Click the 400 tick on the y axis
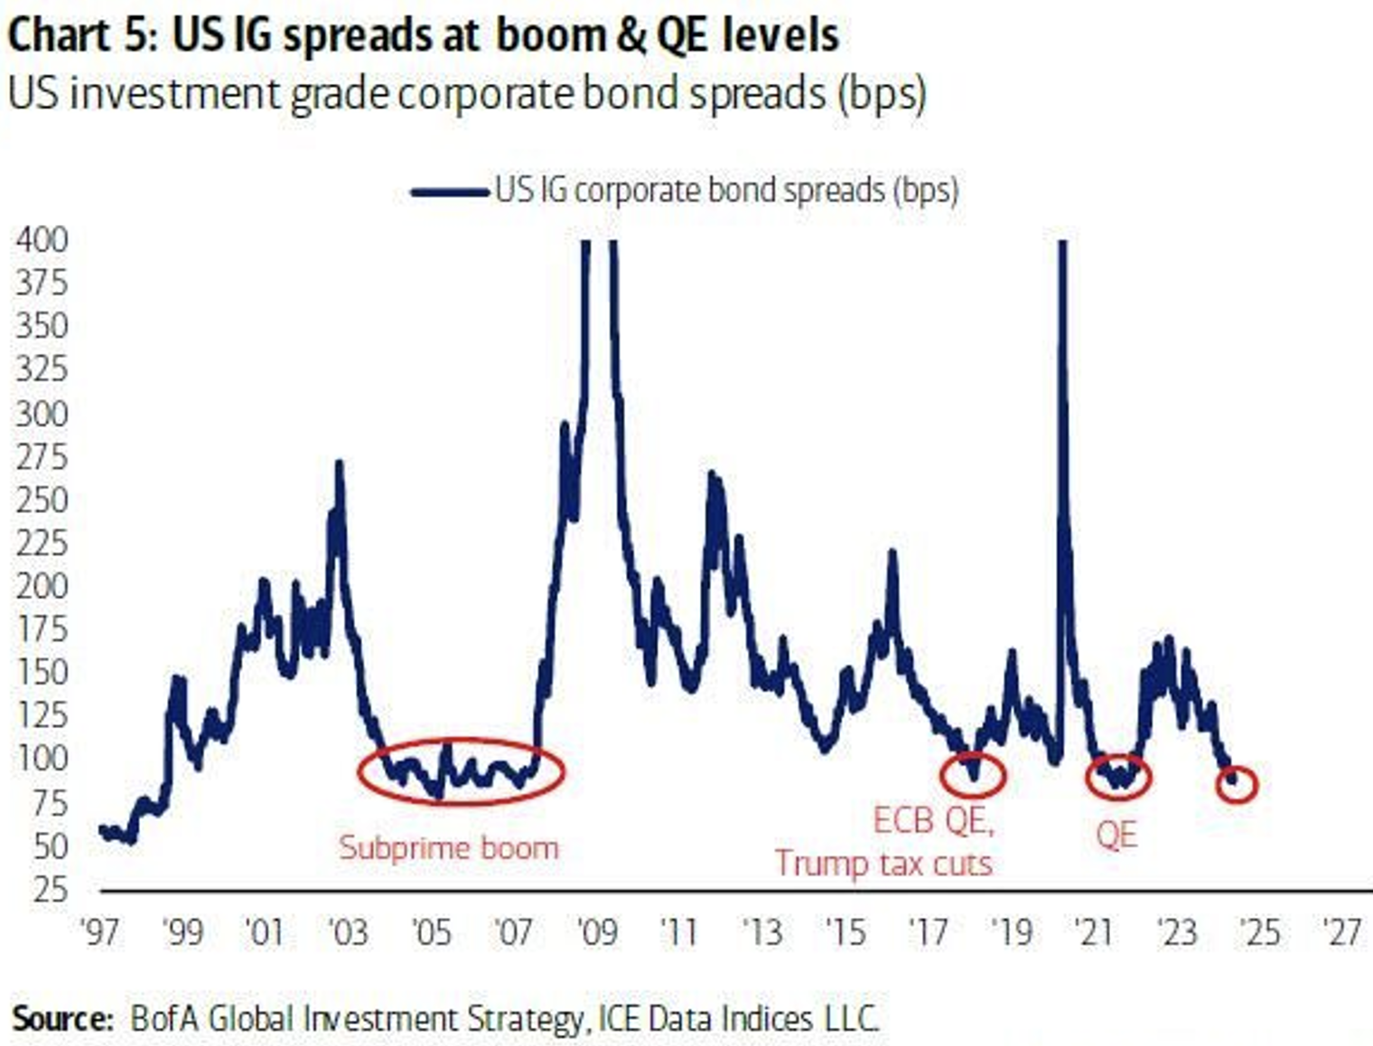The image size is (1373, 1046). tap(42, 239)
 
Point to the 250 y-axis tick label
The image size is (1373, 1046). tap(42, 500)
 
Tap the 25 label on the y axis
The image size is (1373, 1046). tap(50, 890)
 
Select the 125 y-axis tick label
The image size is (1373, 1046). tap(42, 715)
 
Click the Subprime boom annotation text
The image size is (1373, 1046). tap(449, 847)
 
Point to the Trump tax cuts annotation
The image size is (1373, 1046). tap(883, 864)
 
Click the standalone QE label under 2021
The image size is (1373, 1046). tap(1116, 836)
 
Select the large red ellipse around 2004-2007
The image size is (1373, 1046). tap(461, 770)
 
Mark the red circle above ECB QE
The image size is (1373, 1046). tap(973, 774)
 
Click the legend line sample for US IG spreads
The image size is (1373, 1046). tap(450, 191)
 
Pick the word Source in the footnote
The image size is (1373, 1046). tap(60, 1019)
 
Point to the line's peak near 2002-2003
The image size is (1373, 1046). tap(339, 463)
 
